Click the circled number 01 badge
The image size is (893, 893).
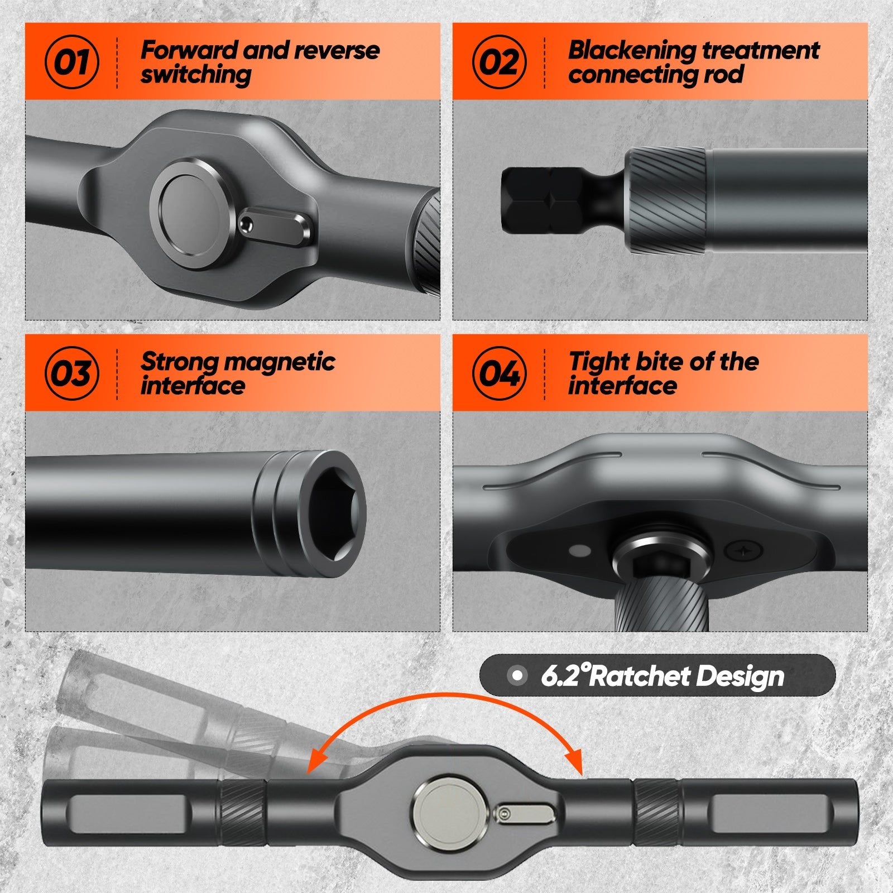tap(71, 61)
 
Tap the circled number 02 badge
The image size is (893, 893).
tap(499, 61)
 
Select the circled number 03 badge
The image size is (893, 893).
tap(71, 373)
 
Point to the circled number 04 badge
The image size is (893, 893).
tap(499, 373)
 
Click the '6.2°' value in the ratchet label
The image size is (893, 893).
tap(564, 676)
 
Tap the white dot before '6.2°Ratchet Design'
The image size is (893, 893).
tap(517, 676)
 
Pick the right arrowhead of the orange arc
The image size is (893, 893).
tap(575, 765)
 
